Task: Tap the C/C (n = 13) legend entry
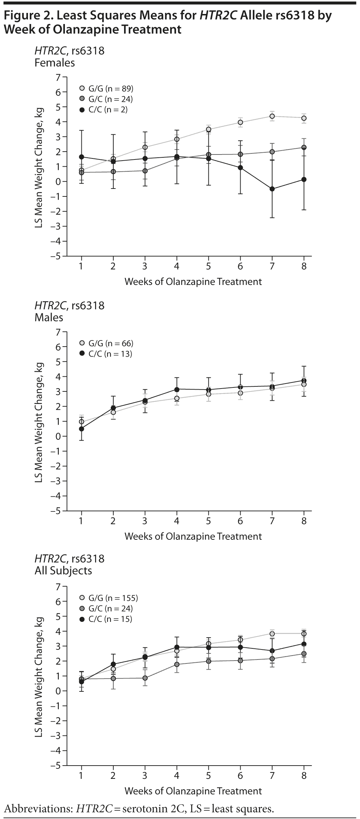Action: (105, 354)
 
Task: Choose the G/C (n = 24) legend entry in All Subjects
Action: (106, 609)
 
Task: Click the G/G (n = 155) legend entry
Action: (108, 598)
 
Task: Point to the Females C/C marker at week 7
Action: (272, 189)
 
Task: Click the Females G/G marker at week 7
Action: (272, 116)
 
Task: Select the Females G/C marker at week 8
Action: (304, 147)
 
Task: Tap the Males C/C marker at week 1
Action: (81, 429)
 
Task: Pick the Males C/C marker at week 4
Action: (177, 389)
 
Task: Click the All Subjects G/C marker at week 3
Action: (145, 678)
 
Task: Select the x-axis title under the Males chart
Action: (193, 536)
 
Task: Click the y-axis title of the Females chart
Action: (39, 167)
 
